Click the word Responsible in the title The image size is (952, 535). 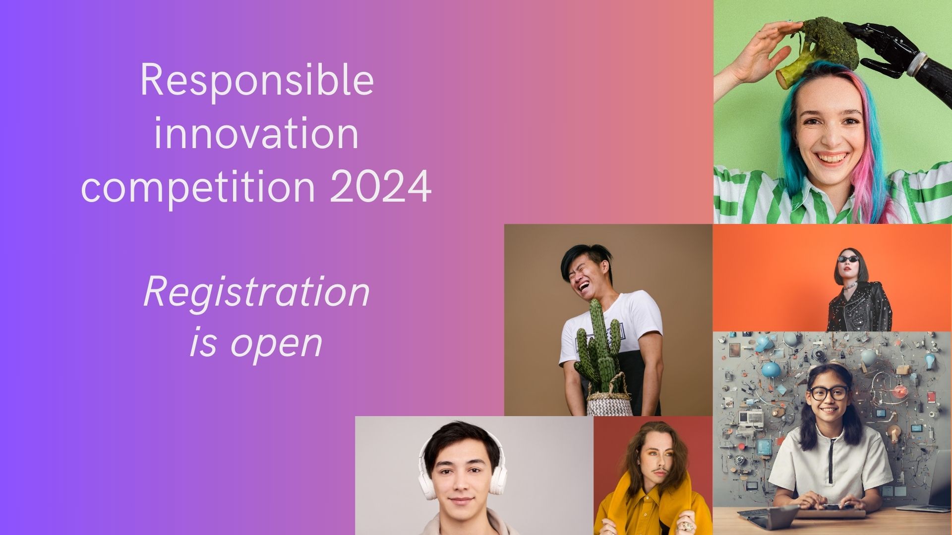(256, 81)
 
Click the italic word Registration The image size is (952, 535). (256, 292)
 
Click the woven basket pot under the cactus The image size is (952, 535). (609, 401)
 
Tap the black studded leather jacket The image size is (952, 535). (859, 307)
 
